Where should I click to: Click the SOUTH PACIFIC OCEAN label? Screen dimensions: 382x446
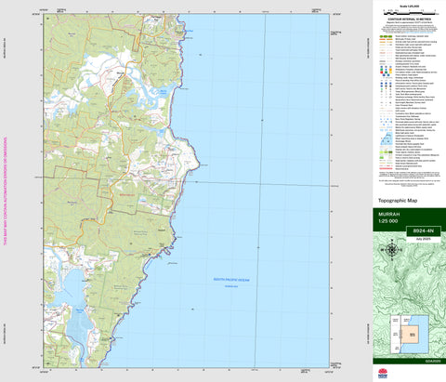pyautogui.click(x=232, y=278)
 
